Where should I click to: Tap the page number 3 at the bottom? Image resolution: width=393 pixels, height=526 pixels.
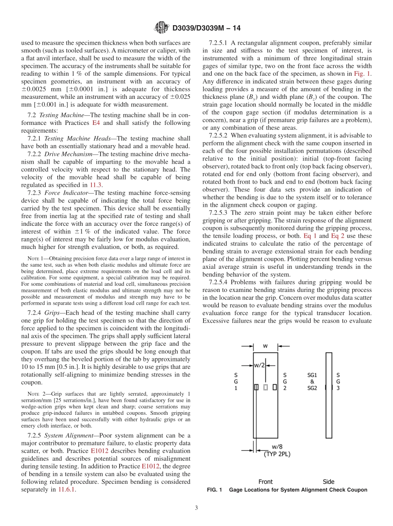(196, 508)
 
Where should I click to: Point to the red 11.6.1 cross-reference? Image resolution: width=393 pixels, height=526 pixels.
(67, 490)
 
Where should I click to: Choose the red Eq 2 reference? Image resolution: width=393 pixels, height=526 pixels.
(338, 236)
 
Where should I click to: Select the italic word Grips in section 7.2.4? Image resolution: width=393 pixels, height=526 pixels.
(53, 312)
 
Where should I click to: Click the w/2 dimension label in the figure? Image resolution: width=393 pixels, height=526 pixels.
(259, 365)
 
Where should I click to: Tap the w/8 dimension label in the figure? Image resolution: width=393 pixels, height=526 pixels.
(277, 447)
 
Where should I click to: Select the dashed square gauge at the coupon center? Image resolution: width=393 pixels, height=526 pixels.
(265, 387)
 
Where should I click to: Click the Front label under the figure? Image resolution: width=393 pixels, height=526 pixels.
(266, 481)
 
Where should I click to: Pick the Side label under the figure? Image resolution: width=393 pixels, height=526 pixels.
(328, 481)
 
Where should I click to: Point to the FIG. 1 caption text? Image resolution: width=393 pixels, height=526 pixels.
(287, 490)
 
